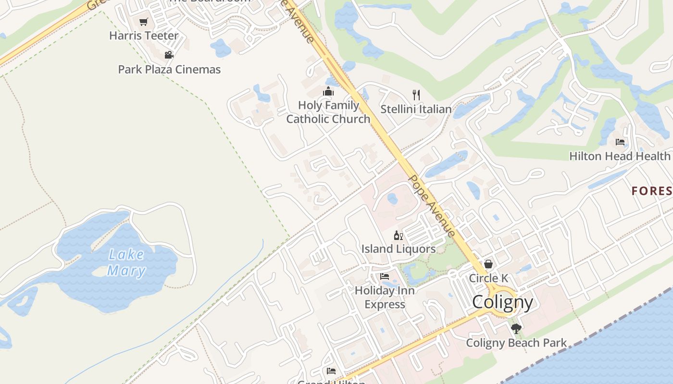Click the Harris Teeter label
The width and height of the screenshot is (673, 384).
[x=144, y=36]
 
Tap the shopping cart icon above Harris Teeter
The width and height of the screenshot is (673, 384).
[x=143, y=22]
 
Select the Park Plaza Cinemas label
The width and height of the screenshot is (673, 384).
[x=169, y=69]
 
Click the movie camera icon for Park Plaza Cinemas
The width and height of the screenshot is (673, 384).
[x=169, y=55]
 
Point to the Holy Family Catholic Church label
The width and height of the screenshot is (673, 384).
[x=328, y=112]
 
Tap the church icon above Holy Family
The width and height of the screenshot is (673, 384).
[x=328, y=91]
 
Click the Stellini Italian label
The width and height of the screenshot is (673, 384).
[x=416, y=109]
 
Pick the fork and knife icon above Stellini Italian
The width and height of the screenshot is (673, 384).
[x=416, y=95]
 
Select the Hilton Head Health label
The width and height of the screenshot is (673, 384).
[x=620, y=156]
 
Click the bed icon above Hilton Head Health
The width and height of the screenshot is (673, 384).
[x=620, y=142]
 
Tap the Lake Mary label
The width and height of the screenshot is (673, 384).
[x=126, y=263]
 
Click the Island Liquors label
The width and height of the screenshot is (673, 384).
[x=399, y=249]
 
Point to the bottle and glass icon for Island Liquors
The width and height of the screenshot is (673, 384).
[x=398, y=235]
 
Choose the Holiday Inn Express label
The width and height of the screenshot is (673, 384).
[x=385, y=297]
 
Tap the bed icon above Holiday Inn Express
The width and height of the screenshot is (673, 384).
[x=385, y=276]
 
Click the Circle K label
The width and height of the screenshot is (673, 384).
[x=488, y=278]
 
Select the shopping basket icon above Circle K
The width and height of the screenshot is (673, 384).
[x=488, y=264]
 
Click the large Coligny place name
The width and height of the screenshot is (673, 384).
[x=502, y=302]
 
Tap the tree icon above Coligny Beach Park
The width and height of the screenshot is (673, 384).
[x=516, y=329]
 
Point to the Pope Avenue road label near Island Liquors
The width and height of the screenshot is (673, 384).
[x=432, y=205]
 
